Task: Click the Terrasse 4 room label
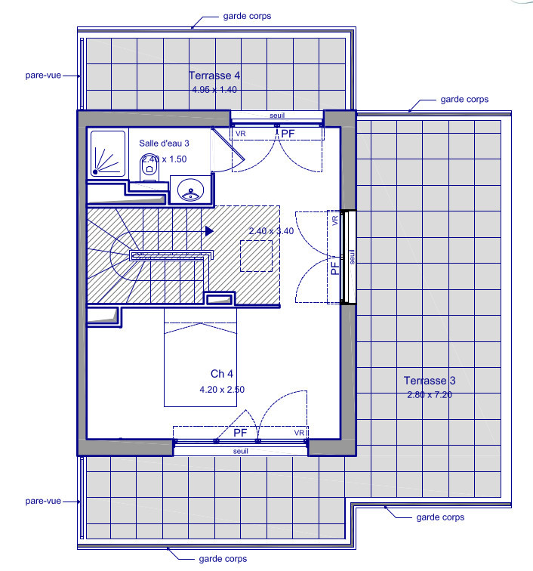(214, 76)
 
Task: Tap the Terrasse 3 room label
(430, 381)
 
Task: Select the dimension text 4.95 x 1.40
(214, 90)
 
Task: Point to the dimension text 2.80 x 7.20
(430, 395)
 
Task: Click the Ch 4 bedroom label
(222, 374)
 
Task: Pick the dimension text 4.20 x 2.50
(222, 390)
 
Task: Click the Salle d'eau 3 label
(164, 144)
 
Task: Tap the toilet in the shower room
(149, 168)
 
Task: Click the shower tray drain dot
(95, 172)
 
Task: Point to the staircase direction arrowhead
(209, 231)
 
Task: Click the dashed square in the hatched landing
(256, 255)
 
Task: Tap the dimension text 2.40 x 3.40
(271, 231)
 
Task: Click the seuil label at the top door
(277, 116)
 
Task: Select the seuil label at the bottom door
(241, 451)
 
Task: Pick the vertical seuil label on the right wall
(352, 257)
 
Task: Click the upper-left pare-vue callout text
(43, 76)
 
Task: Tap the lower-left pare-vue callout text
(43, 501)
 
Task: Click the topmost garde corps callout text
(247, 16)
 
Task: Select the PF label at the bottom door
(240, 433)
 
